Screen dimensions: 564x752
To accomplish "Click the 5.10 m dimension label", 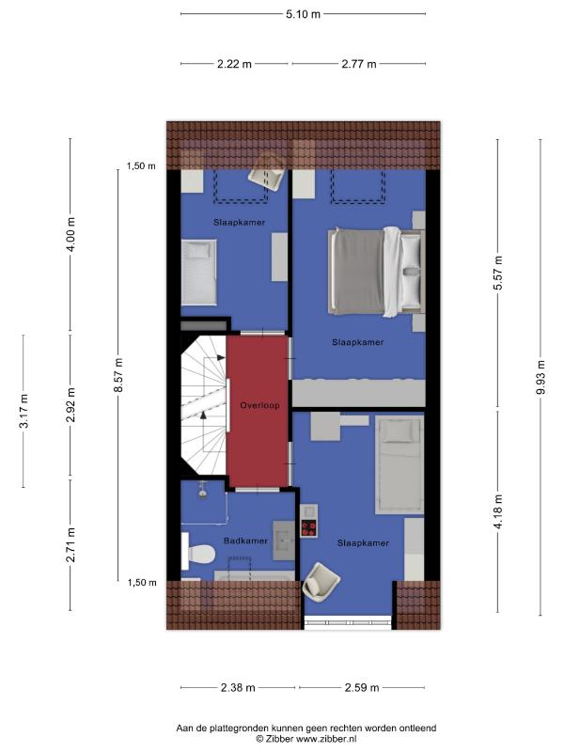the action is point(303,14).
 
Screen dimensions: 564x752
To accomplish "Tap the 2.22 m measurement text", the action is point(234,64).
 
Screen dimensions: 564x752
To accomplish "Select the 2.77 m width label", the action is point(359,64).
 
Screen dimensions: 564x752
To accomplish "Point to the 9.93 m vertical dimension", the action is point(541,377).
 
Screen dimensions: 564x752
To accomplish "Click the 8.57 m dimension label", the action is point(118,375).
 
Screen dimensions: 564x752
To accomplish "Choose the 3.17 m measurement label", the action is point(24,411).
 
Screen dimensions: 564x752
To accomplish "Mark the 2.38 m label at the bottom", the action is point(238,688).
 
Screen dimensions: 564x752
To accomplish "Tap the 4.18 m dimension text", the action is point(498,511).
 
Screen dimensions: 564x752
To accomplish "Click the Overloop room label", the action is point(260,405).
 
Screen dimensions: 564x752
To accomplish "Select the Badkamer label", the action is point(245,540).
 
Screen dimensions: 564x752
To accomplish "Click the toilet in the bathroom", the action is point(197,553).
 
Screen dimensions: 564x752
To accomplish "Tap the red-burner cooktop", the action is point(308,528).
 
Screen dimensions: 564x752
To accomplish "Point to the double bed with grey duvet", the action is point(377,272).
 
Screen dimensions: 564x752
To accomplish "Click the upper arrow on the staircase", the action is point(220,357).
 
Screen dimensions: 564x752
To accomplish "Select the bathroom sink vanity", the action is point(285,540).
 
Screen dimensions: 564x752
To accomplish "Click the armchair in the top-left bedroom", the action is point(267,174).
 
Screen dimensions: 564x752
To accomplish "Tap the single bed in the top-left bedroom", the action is point(198,272).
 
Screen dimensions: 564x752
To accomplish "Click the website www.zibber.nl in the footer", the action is point(326,739).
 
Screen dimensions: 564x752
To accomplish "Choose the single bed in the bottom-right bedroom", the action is point(399,464).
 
